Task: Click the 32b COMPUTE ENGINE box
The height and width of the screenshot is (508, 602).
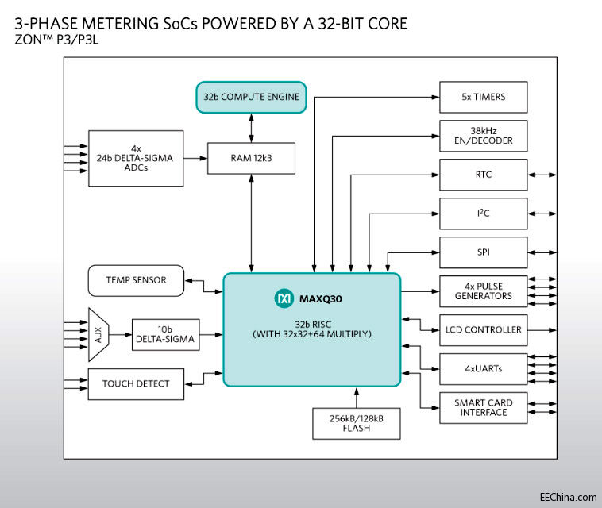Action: pyautogui.click(x=251, y=97)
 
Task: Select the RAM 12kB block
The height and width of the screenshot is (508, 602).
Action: pyautogui.click(x=251, y=158)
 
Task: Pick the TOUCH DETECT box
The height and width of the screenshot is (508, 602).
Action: pyautogui.click(x=136, y=384)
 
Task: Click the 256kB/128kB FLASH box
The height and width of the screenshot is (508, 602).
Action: pyautogui.click(x=357, y=422)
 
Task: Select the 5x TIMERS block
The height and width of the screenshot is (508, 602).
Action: pyautogui.click(x=484, y=97)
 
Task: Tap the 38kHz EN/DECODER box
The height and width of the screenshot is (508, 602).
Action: pyautogui.click(x=484, y=135)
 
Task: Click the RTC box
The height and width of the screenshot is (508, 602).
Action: pyautogui.click(x=484, y=175)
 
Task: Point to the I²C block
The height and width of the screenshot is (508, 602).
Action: pyautogui.click(x=484, y=214)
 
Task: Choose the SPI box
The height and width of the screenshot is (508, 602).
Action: pyautogui.click(x=484, y=252)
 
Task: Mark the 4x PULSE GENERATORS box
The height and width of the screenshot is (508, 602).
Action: pyautogui.click(x=484, y=291)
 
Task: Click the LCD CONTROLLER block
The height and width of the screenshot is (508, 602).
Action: pyautogui.click(x=484, y=329)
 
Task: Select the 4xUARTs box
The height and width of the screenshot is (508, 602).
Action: pyautogui.click(x=484, y=368)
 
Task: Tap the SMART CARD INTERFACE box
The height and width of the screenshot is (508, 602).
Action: pyautogui.click(x=484, y=407)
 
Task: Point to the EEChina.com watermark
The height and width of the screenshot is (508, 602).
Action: pyautogui.click(x=565, y=498)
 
